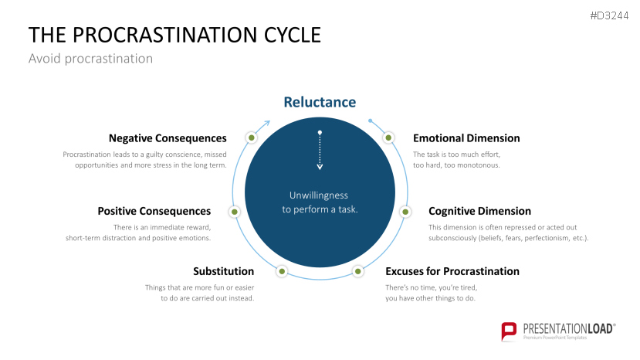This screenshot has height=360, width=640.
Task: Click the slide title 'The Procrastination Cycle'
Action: click(x=174, y=35)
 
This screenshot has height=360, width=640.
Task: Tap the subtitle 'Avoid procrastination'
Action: click(x=90, y=59)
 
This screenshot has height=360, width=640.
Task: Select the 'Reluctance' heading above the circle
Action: click(x=320, y=102)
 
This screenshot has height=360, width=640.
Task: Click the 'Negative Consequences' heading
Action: click(x=168, y=138)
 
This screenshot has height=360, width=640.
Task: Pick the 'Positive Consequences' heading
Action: click(x=154, y=211)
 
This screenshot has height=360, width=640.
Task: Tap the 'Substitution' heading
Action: click(x=223, y=271)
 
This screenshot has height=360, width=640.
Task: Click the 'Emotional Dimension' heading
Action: click(x=466, y=138)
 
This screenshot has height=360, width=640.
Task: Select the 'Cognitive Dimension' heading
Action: click(x=479, y=211)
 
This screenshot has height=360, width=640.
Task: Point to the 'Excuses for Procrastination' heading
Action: click(x=452, y=271)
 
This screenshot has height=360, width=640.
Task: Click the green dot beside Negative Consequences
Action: click(x=251, y=138)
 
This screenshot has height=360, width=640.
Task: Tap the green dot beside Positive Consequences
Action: click(x=235, y=211)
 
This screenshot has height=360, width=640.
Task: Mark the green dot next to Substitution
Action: click(x=282, y=271)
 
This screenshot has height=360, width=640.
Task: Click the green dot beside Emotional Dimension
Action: click(x=388, y=138)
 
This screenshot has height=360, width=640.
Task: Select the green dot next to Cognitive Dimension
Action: click(x=404, y=211)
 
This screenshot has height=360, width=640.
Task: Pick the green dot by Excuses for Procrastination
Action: click(x=357, y=271)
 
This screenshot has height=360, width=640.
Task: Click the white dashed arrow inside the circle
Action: click(x=320, y=151)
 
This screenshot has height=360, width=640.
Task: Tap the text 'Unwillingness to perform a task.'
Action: click(x=320, y=202)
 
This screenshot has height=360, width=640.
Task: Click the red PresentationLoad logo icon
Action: click(x=509, y=331)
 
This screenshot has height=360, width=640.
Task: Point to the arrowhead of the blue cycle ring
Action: click(x=267, y=121)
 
